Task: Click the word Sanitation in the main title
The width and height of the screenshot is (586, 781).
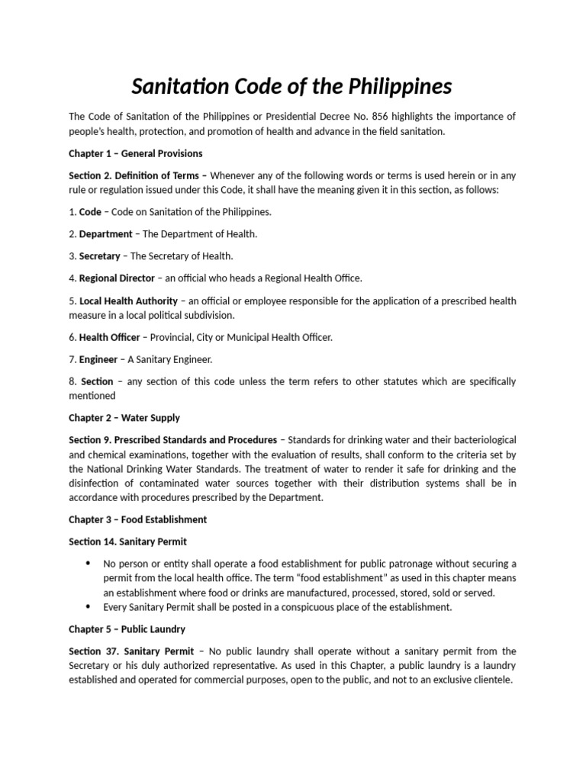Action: [180, 87]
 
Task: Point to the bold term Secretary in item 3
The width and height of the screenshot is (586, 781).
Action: [100, 256]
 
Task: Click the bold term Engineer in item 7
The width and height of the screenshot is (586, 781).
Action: [98, 358]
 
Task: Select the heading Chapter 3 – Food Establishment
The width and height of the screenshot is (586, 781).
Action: [138, 519]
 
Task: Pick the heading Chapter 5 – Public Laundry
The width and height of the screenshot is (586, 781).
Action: [127, 629]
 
